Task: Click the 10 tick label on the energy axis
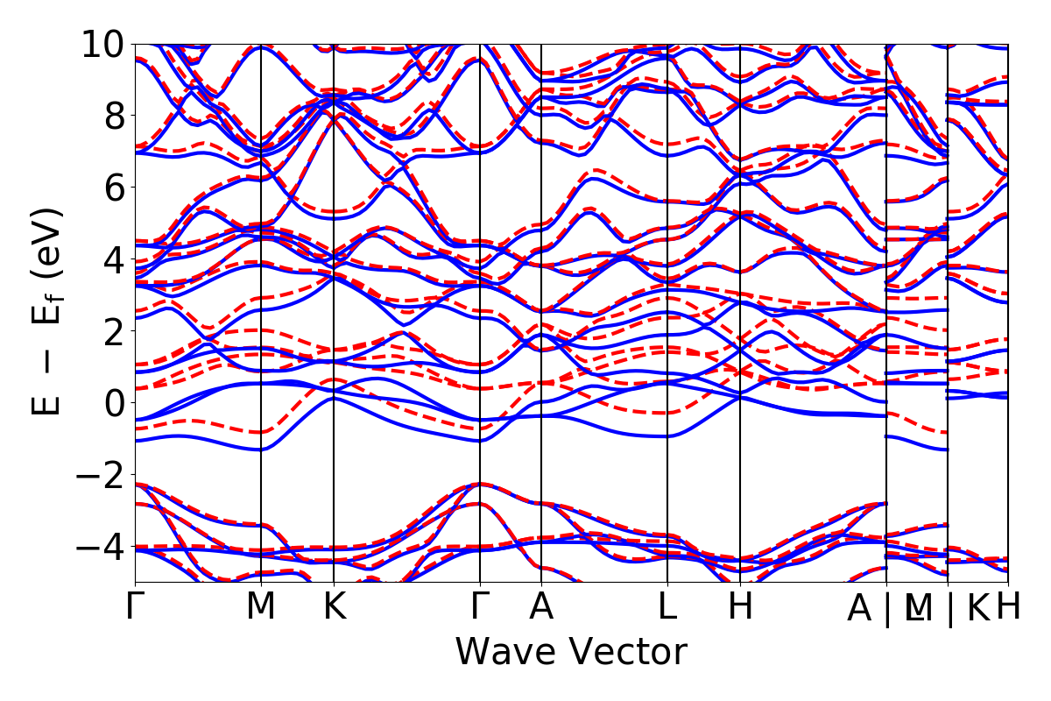click(x=102, y=44)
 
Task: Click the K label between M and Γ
click(x=334, y=607)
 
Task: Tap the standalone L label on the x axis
click(x=668, y=607)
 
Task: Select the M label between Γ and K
click(x=261, y=607)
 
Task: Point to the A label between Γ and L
click(x=541, y=607)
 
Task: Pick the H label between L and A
click(x=741, y=607)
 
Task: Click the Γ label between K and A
click(x=480, y=607)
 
